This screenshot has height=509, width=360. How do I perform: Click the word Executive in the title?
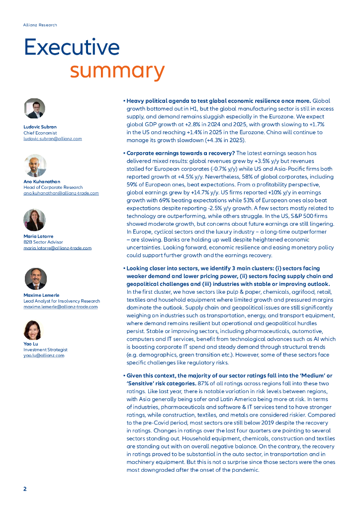click(x=72, y=48)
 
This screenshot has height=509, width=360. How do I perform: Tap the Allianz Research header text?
click(x=40, y=25)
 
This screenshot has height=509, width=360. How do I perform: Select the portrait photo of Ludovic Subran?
click(x=35, y=108)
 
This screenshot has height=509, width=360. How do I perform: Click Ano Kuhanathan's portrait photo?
click(x=35, y=166)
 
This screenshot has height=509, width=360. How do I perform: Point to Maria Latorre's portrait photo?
click(x=35, y=220)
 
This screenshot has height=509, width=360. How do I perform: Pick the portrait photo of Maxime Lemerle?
click(x=35, y=279)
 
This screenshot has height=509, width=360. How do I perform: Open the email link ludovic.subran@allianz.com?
click(x=53, y=139)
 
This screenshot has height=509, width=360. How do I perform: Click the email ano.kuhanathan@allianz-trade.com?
click(x=61, y=193)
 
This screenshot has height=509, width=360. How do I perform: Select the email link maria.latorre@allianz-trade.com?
click(x=58, y=248)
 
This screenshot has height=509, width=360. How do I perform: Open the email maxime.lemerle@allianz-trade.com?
click(x=61, y=307)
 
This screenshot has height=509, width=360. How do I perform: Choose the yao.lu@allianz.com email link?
click(x=44, y=355)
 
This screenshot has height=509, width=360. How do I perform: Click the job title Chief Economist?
click(x=40, y=133)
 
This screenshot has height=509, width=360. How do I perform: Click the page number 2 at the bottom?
click(x=25, y=489)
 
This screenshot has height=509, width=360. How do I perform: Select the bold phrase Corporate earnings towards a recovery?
click(x=180, y=153)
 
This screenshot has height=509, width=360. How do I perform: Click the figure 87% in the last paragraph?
click(x=203, y=383)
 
